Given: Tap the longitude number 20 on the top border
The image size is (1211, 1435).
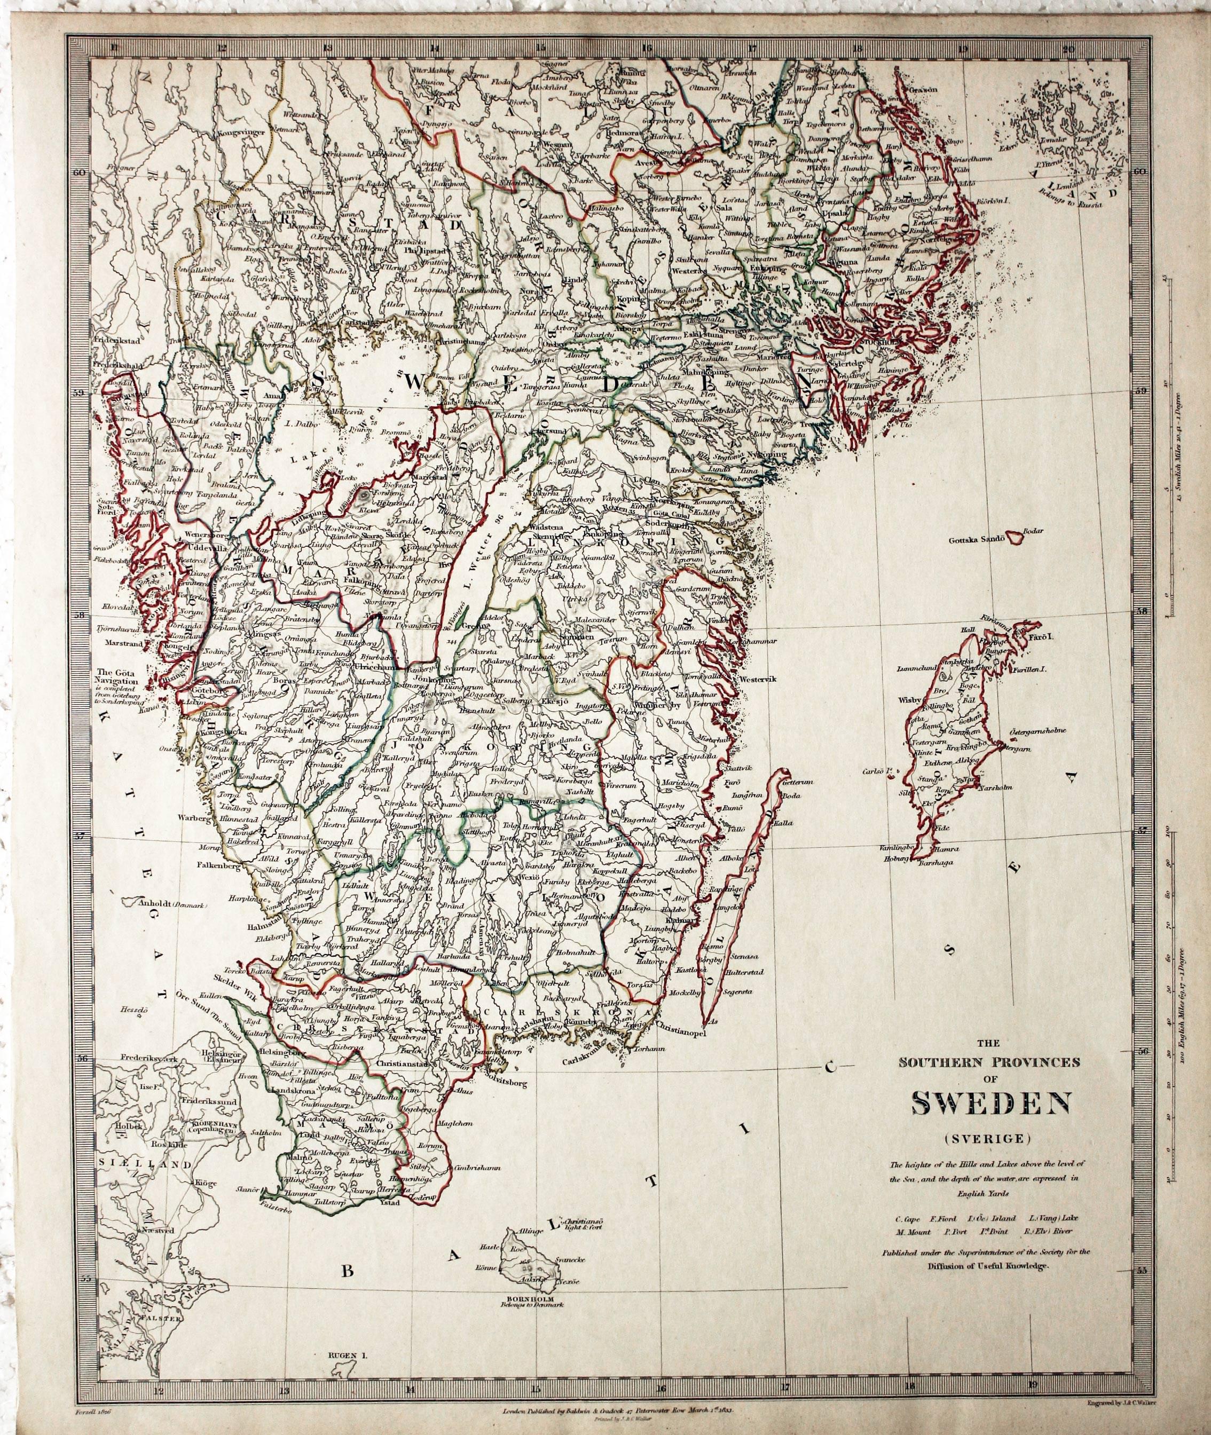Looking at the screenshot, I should tap(1067, 49).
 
